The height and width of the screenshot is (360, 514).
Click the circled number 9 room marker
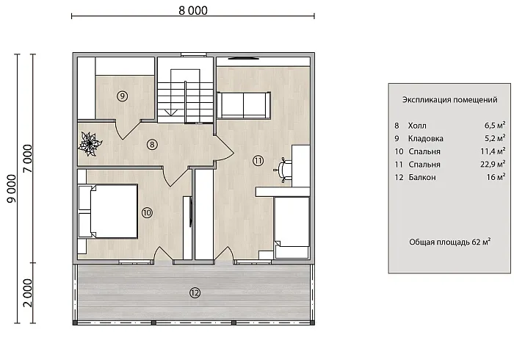click(123, 96)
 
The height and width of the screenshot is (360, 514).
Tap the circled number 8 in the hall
click(152, 144)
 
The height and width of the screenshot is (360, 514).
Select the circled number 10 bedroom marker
click(147, 213)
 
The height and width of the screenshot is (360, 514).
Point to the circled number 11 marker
click(258, 161)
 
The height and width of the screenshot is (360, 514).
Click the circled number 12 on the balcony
click(195, 293)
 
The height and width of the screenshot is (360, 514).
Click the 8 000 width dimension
click(193, 10)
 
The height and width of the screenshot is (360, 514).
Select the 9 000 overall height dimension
click(12, 189)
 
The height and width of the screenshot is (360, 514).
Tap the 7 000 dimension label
click(28, 159)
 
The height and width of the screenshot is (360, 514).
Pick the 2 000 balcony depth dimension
click(28, 293)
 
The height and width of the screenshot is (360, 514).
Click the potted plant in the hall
click(90, 143)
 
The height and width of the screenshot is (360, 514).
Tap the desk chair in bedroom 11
click(283, 169)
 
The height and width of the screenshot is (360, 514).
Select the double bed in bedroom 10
click(108, 211)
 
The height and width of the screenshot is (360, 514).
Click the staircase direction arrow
click(171, 112)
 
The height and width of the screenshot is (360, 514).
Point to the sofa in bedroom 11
click(244, 105)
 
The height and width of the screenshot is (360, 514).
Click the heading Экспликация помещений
click(449, 100)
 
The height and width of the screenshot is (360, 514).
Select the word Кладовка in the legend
click(425, 139)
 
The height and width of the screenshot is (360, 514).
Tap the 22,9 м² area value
click(493, 164)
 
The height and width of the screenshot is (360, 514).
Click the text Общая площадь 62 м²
click(449, 242)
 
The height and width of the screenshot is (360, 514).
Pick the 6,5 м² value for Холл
click(495, 125)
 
